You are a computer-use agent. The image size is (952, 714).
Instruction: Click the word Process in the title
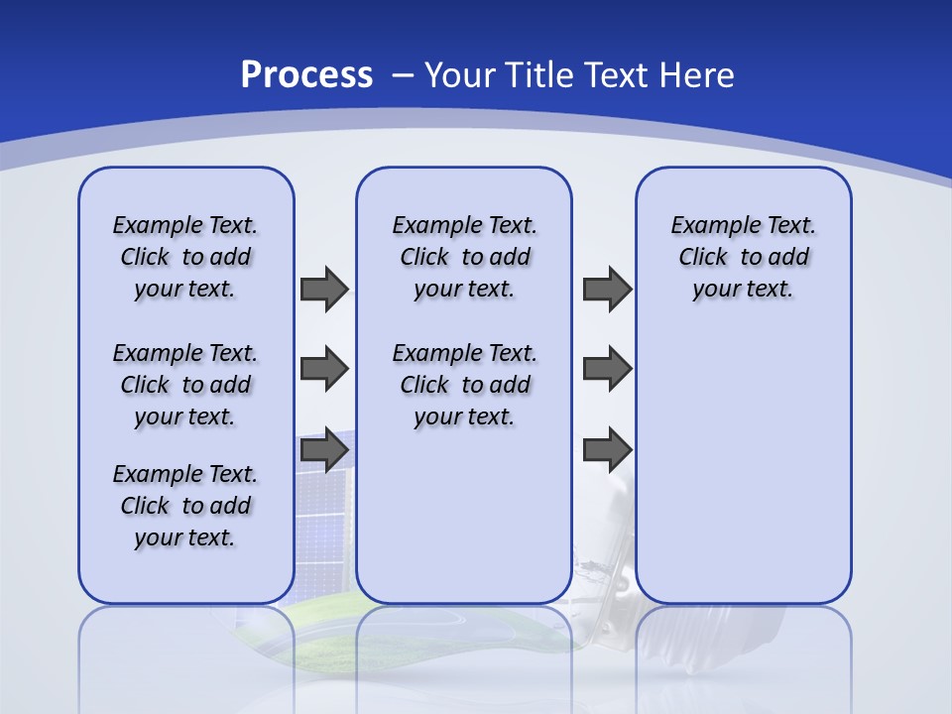click(x=306, y=74)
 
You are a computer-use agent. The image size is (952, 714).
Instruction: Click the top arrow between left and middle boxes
click(x=324, y=289)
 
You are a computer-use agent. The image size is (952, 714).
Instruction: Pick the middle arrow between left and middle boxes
click(x=324, y=369)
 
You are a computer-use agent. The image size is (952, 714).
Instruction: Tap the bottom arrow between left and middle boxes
click(x=324, y=450)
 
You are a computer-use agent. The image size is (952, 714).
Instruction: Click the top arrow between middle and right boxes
click(x=607, y=289)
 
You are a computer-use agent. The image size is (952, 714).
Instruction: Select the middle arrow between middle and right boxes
click(x=607, y=369)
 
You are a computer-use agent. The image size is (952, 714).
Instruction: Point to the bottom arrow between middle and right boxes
click(x=607, y=450)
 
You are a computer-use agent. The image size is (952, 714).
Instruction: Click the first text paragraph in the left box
click(x=185, y=257)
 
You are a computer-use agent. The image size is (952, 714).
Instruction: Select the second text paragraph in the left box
click(x=185, y=385)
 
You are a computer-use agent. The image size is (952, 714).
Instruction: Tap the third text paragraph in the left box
click(x=185, y=506)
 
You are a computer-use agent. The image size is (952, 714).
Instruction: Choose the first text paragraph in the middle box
click(x=464, y=257)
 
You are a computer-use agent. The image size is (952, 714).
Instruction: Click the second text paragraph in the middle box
click(x=464, y=385)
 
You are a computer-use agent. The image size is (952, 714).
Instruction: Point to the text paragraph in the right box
click(x=743, y=257)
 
